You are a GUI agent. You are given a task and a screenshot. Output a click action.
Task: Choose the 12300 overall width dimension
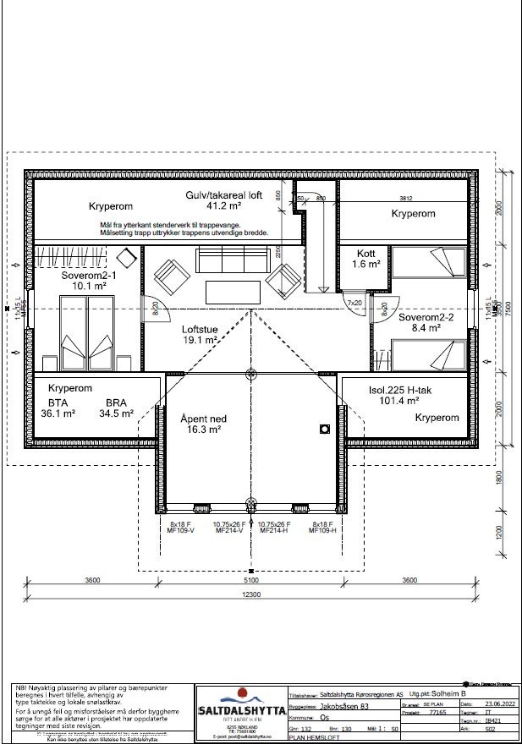click(x=251, y=594)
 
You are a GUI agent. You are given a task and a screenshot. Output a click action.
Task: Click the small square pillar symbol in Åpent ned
click(x=323, y=430)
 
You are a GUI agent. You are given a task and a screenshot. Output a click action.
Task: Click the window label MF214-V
click(x=230, y=530)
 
